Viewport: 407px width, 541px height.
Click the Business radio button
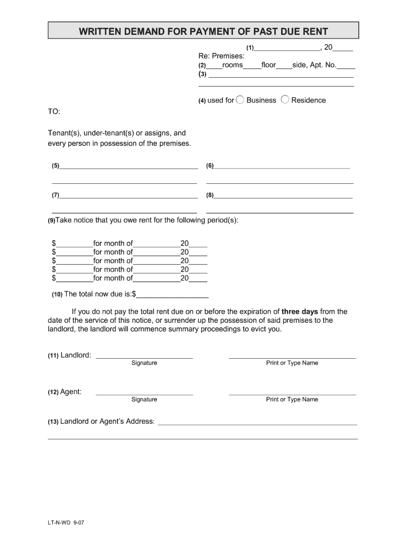coord(240,100)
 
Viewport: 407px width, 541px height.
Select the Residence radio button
coord(285,100)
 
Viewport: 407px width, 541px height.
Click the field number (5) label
coord(55,166)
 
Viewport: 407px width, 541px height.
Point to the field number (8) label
coord(210,195)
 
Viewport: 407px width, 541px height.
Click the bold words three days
coord(300,312)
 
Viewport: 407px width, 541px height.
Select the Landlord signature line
coord(144,357)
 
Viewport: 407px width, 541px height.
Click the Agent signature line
coord(144,394)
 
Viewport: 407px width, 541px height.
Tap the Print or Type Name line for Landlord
coord(292,357)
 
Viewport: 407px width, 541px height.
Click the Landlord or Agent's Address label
coord(107,422)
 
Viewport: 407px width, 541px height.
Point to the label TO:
coord(54,112)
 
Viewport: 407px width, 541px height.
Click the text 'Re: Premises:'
coord(221,56)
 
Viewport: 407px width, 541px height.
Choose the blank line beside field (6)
coord(282,167)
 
